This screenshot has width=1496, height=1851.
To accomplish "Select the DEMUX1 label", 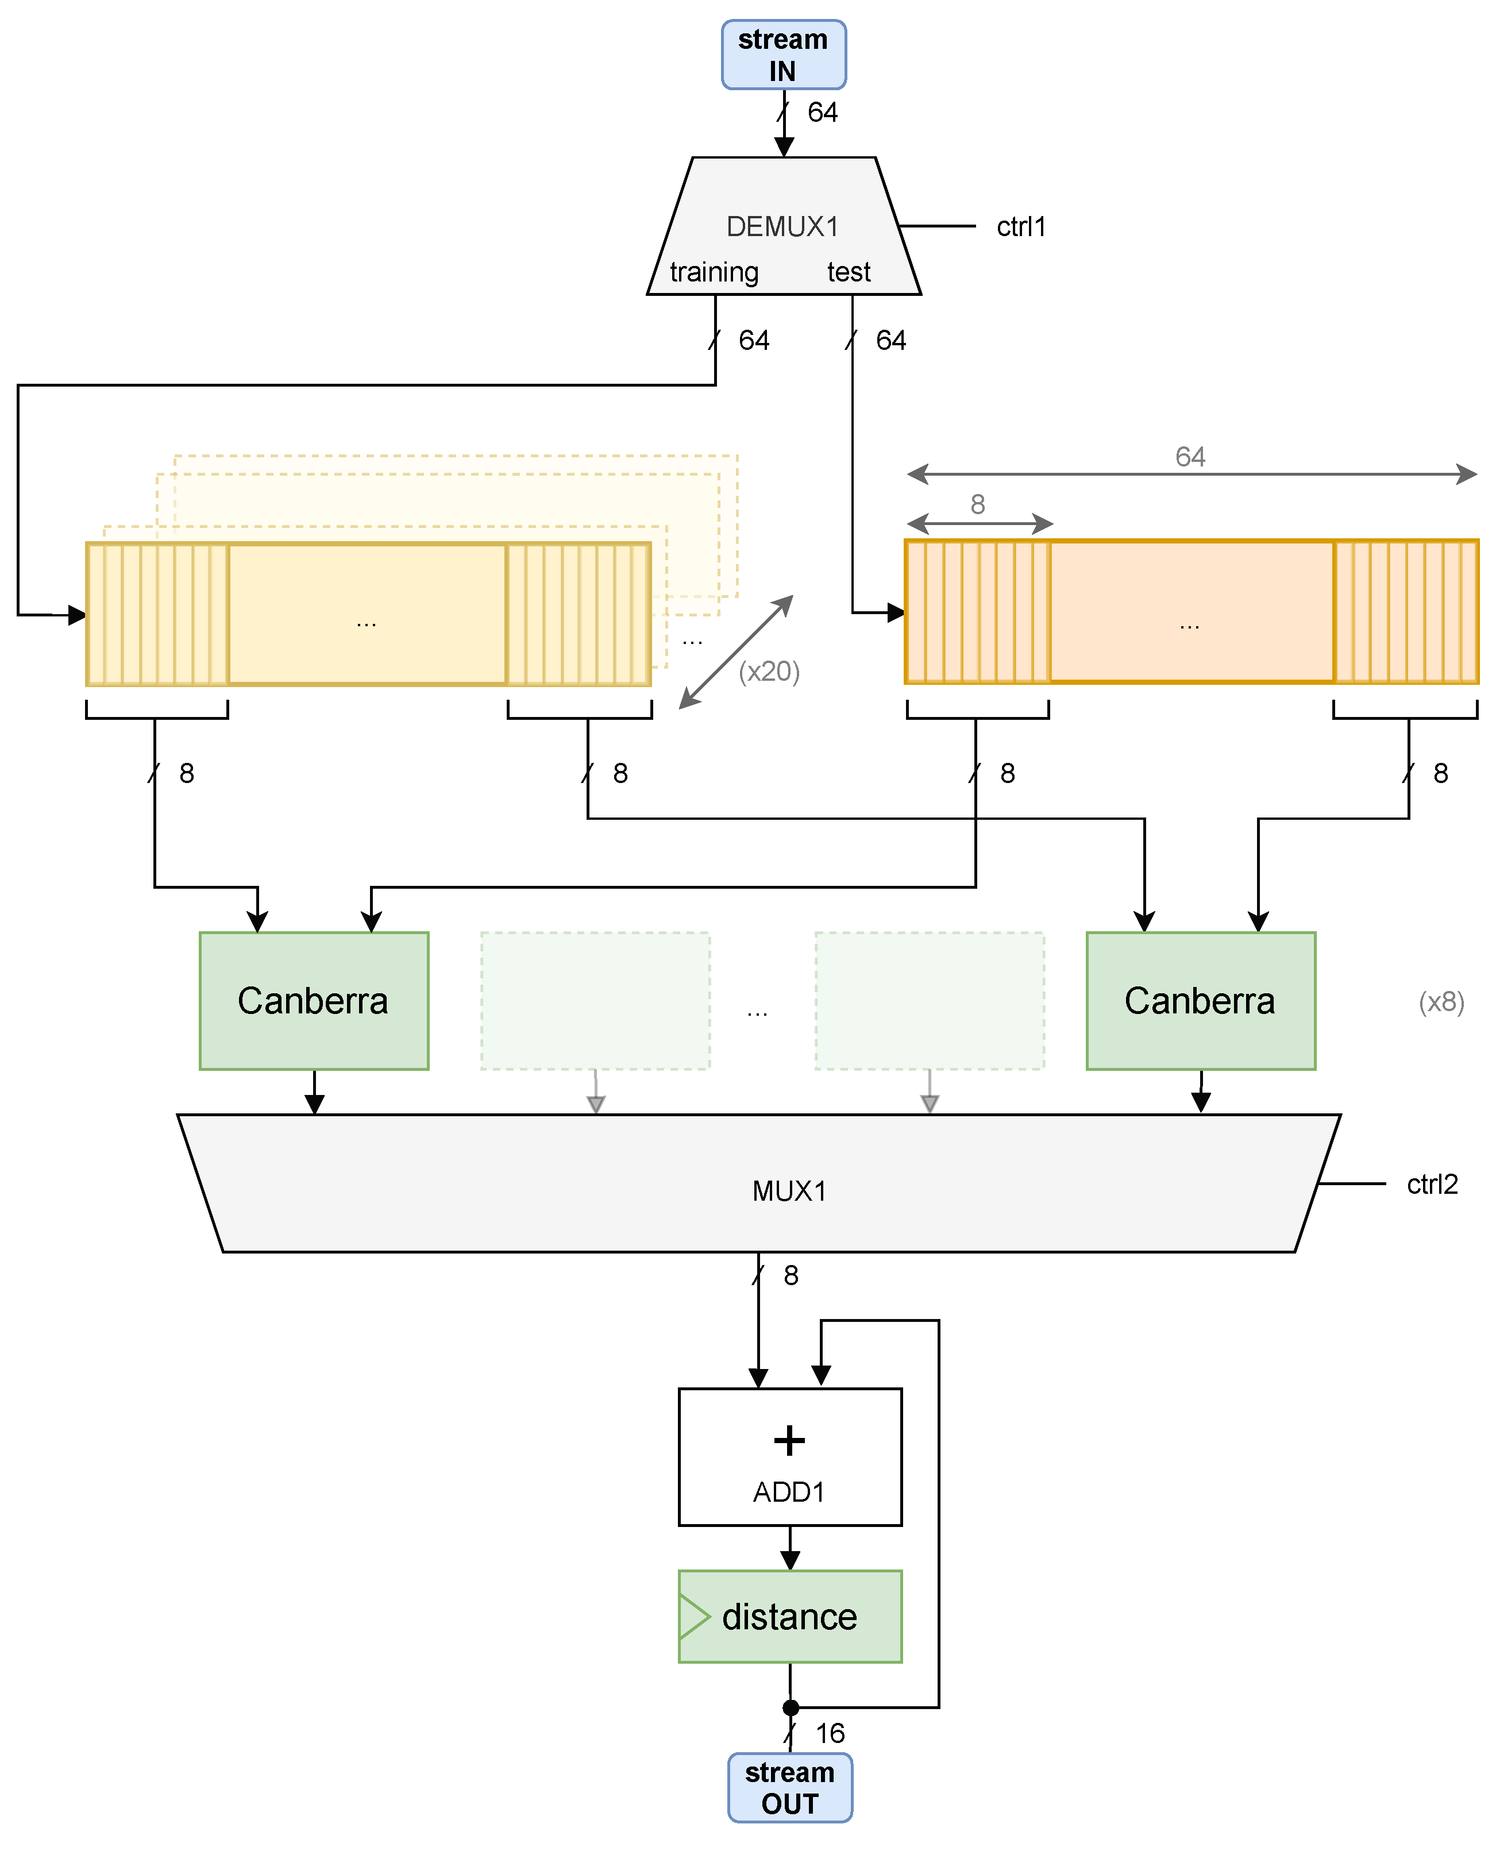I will click(782, 226).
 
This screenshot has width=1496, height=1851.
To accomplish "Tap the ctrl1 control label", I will click(1021, 226).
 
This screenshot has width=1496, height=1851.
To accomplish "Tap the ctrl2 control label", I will click(1432, 1184).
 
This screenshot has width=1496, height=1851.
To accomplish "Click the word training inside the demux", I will click(715, 272).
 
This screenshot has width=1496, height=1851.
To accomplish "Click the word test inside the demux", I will click(849, 272).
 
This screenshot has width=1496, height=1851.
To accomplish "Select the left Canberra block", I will click(314, 1001).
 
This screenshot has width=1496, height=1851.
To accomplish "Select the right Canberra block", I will click(1201, 1001).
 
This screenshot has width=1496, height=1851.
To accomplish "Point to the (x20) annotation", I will click(770, 671).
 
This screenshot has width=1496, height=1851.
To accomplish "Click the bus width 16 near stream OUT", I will click(830, 1733).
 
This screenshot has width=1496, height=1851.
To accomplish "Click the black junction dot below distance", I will click(791, 1707).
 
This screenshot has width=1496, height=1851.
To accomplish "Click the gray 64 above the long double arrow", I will click(1190, 457).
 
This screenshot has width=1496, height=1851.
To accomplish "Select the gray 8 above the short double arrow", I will click(977, 504).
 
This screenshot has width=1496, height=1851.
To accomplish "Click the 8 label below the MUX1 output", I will click(791, 1275).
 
